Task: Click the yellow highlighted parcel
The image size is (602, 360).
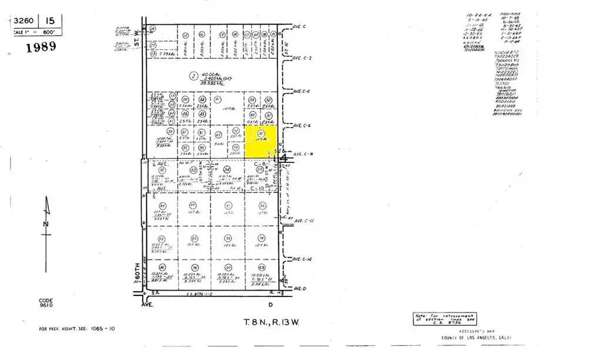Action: (x=260, y=142)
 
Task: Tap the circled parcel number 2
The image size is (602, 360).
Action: (x=193, y=75)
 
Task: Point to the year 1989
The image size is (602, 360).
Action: (x=41, y=47)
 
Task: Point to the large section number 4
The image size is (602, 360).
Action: (x=285, y=158)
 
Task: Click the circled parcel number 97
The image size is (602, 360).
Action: (x=226, y=268)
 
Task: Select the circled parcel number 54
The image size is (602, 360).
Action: (x=226, y=170)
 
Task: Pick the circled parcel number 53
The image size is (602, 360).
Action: (x=193, y=170)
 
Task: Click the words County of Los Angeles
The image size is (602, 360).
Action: (x=477, y=338)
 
